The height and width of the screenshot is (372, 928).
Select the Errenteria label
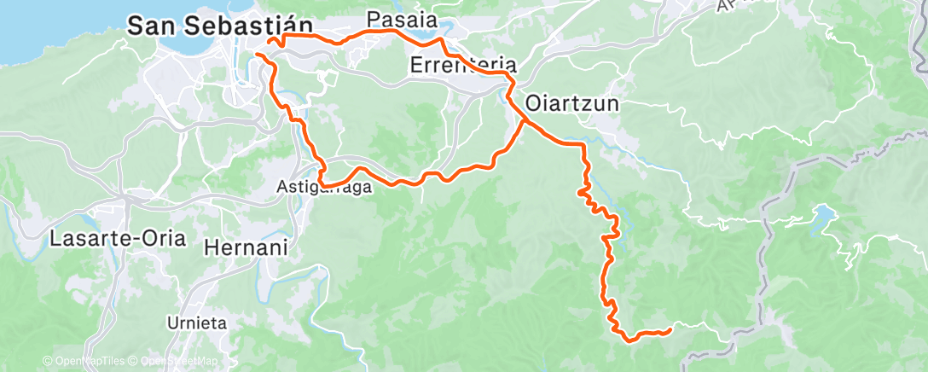click(463, 64)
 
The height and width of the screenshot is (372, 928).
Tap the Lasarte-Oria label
click(118, 238)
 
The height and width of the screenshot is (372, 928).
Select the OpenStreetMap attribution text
click(174, 362)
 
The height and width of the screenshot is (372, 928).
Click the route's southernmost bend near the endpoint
click(629, 340)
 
